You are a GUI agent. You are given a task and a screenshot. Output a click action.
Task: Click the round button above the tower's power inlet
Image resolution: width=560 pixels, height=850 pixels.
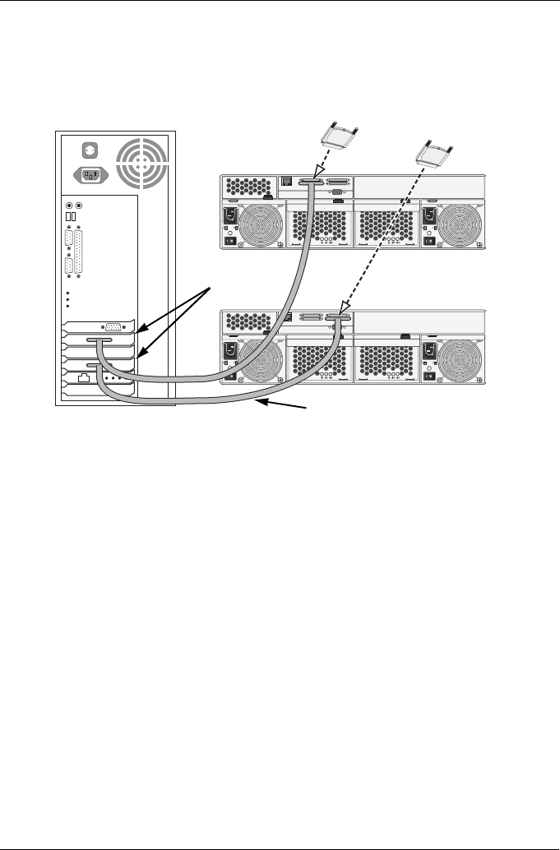point(89,150)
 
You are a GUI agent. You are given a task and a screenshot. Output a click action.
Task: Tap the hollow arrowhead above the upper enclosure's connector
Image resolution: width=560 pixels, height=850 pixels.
point(315,171)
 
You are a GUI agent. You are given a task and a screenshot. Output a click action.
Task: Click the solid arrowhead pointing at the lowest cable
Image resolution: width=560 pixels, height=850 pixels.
point(262,402)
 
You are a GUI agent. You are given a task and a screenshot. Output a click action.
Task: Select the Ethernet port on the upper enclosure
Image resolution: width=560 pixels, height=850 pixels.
point(287,181)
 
